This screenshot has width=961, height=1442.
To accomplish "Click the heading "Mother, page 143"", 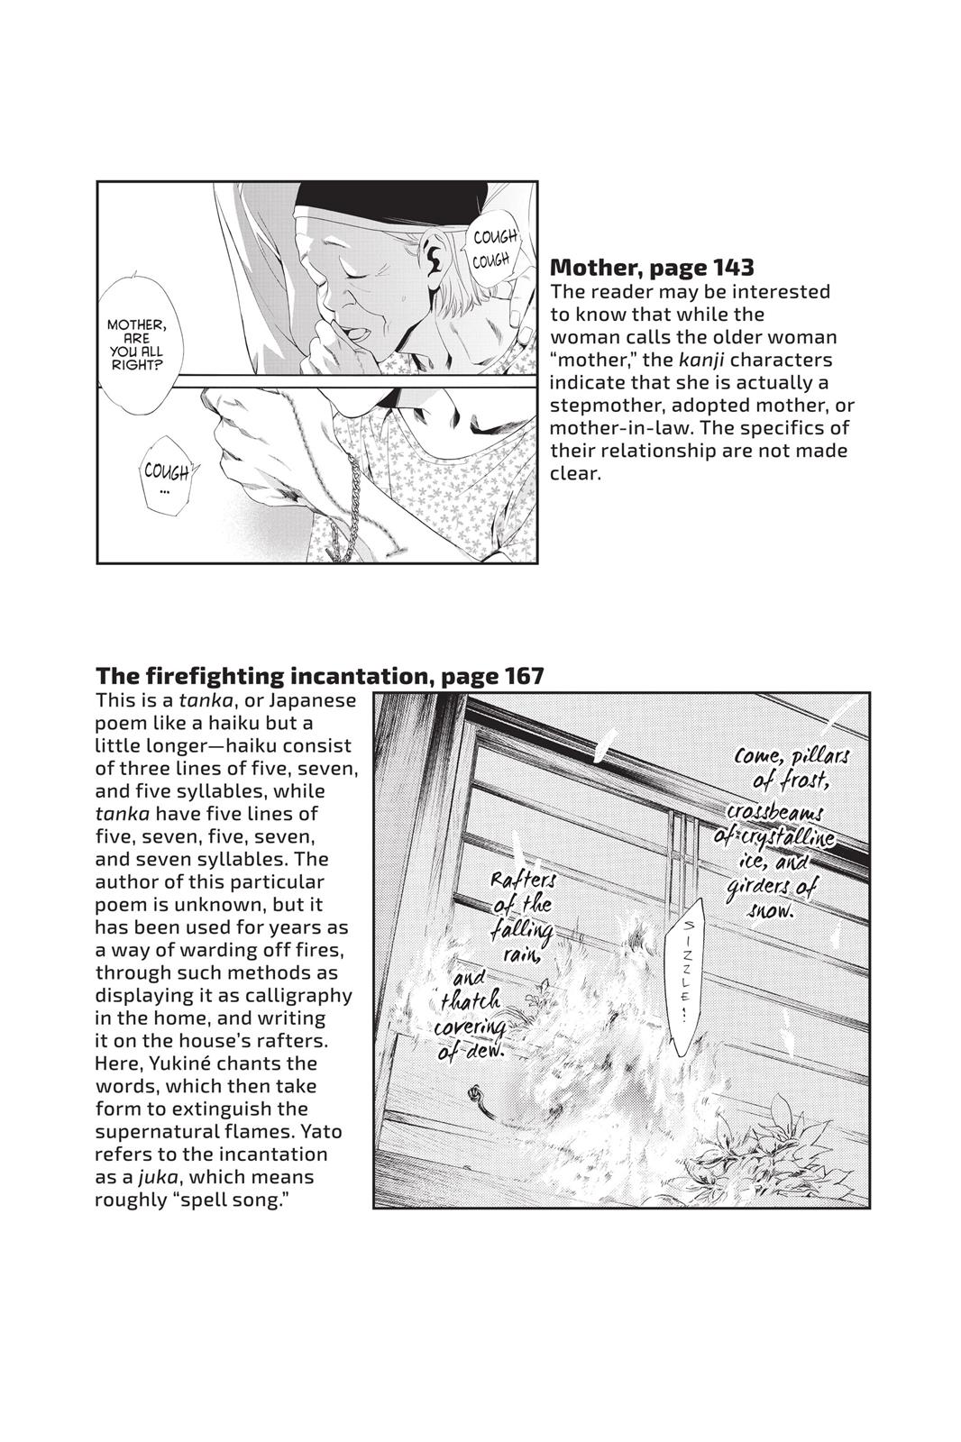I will pyautogui.click(x=651, y=267).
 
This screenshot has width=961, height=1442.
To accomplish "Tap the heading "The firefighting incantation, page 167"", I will pyautogui.click(x=319, y=675).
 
